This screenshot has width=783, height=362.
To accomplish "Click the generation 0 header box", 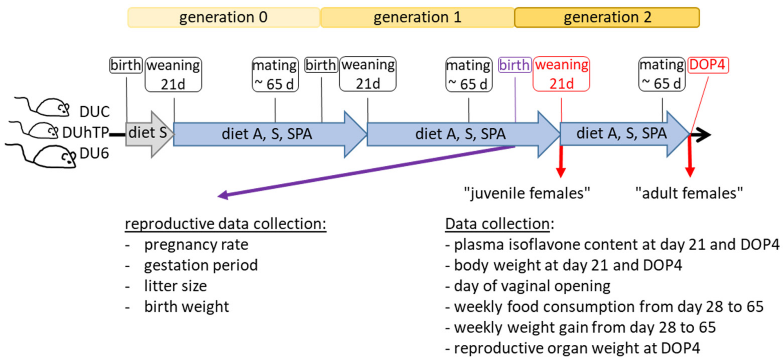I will (223, 17).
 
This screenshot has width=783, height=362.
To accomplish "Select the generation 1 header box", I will (417, 17).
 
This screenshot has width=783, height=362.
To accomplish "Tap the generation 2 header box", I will (607, 17).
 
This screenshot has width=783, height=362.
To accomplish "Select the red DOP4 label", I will (708, 65).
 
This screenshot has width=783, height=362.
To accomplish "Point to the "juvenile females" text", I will (527, 193).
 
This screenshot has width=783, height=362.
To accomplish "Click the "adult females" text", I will (689, 193).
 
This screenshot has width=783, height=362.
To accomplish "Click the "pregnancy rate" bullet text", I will (196, 245).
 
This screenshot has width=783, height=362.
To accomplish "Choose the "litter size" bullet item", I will (175, 286).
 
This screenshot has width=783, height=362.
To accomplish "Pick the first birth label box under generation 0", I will (125, 65).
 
